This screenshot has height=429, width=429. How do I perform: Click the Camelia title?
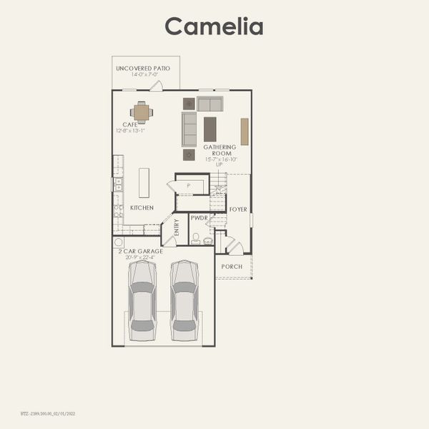tap(214, 26)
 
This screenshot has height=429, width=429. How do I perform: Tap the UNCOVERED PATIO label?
tap(143, 68)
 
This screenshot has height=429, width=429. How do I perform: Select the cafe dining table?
tap(142, 112)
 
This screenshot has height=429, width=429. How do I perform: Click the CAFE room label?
tap(130, 124)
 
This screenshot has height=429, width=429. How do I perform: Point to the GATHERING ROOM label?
tap(219, 151)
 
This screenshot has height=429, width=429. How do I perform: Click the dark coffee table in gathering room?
tap(209, 129)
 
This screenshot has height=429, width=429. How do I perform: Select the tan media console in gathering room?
tap(245, 132)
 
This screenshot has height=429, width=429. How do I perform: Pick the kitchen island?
tap(144, 182)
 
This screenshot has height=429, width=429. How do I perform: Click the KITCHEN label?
tap(142, 208)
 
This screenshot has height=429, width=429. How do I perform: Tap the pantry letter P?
tap(188, 185)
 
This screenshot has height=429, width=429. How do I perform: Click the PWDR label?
tap(198, 217)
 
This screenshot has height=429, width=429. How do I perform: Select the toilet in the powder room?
tap(196, 237)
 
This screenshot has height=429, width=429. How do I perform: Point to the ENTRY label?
tap(177, 228)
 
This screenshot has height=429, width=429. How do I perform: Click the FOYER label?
tap(238, 209)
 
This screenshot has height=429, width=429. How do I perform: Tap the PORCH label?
tap(232, 267)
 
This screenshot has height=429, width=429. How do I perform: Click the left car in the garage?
tap(142, 300)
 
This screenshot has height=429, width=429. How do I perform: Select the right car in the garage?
tap(184, 300)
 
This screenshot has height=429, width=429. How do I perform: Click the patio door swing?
tap(157, 86)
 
